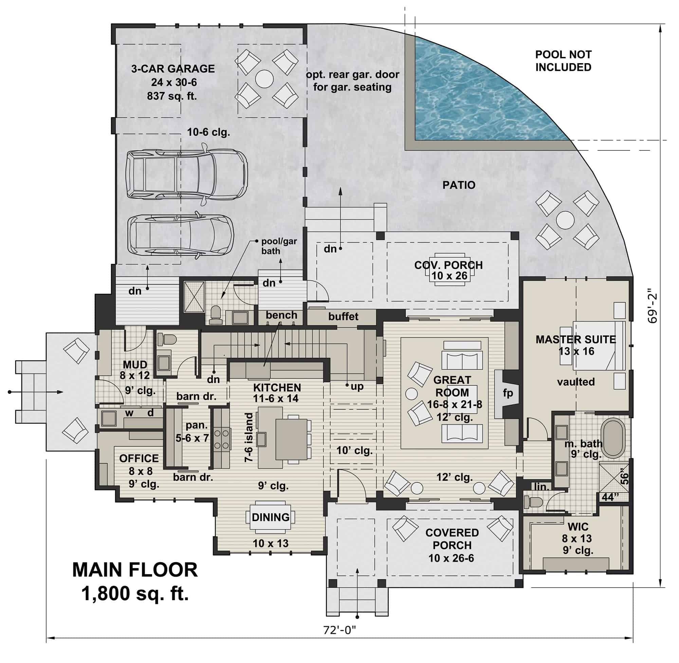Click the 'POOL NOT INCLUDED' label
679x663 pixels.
pyautogui.click(x=563, y=61)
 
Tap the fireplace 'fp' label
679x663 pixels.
pyautogui.click(x=507, y=393)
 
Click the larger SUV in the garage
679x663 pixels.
pyautogui.click(x=186, y=175)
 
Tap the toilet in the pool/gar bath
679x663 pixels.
pyautogui.click(x=216, y=314)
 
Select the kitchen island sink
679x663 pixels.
pyautogui.click(x=261, y=438)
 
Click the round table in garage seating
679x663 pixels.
pyautogui.click(x=264, y=79)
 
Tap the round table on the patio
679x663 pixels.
pyautogui.click(x=565, y=220)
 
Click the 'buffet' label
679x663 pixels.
pyautogui.click(x=343, y=316)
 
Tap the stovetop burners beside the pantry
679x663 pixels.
pyautogui.click(x=221, y=439)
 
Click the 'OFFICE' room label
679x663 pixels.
pyautogui.click(x=139, y=459)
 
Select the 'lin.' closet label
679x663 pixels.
pyautogui.click(x=542, y=487)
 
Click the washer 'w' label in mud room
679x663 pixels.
pyautogui.click(x=129, y=413)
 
